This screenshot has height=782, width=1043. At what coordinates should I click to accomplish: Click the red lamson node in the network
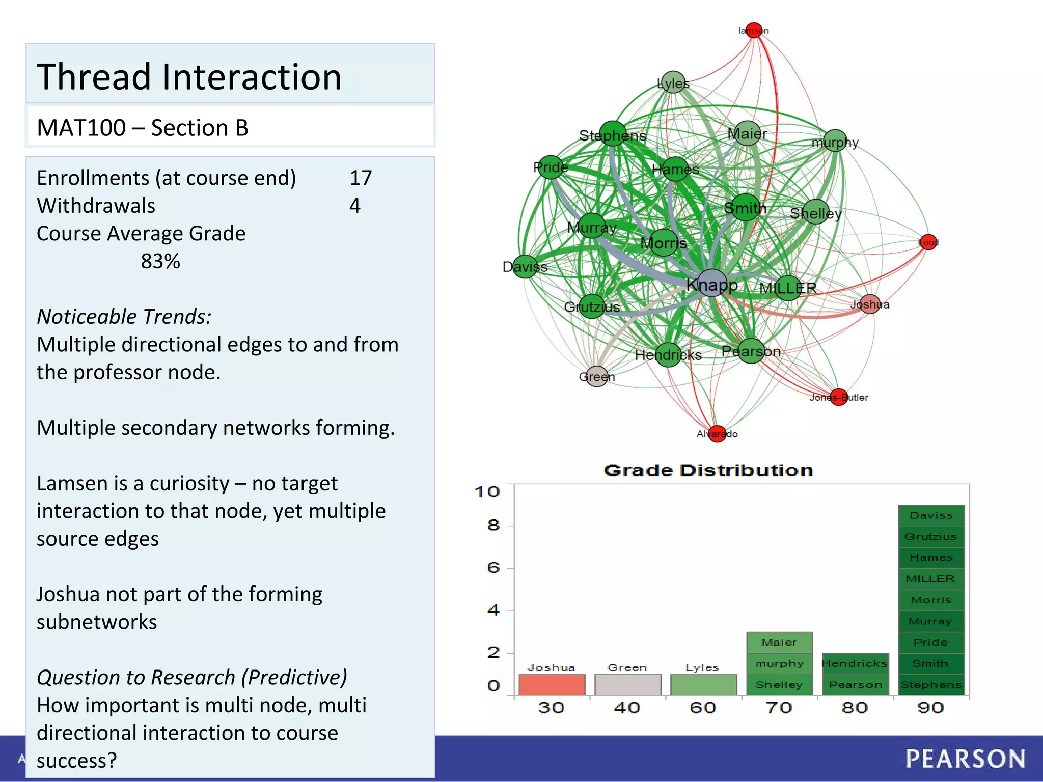pos(754,30)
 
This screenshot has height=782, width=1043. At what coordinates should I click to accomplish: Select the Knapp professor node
pos(711,284)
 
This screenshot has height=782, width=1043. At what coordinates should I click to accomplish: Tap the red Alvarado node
pos(717,434)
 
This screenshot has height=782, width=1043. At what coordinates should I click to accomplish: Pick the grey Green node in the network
pos(597,376)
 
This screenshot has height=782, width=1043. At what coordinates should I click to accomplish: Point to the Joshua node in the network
pos(870,304)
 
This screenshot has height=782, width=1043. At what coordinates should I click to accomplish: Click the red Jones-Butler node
pos(839,397)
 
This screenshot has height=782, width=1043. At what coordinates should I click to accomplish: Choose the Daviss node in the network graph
pos(525,266)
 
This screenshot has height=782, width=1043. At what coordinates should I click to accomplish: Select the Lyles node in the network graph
pos(673,82)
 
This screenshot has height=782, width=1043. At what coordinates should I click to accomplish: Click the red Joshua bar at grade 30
pos(552,684)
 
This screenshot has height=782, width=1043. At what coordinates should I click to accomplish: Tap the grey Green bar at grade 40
pos(627,684)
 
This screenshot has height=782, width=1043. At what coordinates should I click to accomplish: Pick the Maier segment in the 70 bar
pos(779,643)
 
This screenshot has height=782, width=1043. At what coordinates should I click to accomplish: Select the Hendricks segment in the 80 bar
pos(855,663)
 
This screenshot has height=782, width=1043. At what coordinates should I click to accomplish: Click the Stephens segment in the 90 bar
pos(931,685)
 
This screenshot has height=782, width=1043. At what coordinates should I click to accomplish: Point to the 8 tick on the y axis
pos(493,525)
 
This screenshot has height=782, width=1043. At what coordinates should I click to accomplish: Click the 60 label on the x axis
pos(703,708)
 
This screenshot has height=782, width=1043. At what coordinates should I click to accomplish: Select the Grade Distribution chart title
pos(708,470)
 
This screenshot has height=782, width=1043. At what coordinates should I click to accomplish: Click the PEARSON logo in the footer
pos(965,759)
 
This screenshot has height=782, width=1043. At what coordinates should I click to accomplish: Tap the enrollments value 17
pos(361,178)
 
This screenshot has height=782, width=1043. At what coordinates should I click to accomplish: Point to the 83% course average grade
pos(160,261)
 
